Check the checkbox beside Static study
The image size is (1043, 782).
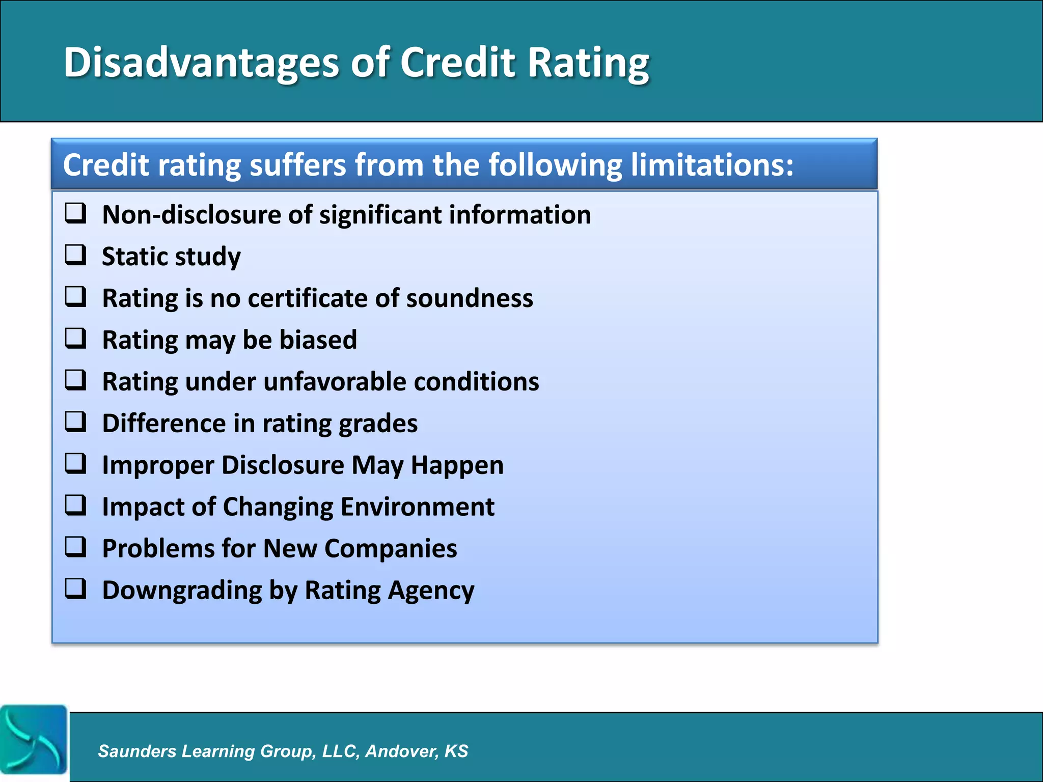[75, 255]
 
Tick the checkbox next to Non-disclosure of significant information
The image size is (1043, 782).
[75, 213]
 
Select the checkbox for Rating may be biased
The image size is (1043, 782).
[75, 339]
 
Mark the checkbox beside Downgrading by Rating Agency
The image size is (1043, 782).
[75, 589]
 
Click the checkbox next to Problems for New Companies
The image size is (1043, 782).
[75, 547]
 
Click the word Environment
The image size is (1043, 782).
[417, 507]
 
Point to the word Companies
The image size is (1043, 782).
[391, 548]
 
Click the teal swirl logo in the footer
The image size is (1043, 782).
[34, 740]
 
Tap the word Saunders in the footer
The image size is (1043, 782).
[137, 751]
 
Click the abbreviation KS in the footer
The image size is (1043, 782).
[456, 751]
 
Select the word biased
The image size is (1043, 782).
[318, 340]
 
